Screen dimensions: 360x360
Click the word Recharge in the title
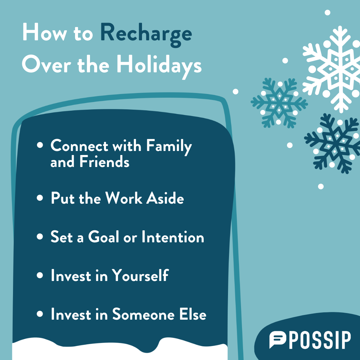pos(146,34)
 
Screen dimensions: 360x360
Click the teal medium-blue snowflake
pos(279,103)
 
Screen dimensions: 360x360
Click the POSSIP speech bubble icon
pos(278,339)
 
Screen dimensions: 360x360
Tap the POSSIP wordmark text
pos(320,340)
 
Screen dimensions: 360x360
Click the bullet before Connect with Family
pos(40,145)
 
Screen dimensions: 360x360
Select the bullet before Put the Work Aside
pos(40,198)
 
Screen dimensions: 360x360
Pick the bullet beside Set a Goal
pos(40,236)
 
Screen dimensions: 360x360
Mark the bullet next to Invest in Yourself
pos(40,275)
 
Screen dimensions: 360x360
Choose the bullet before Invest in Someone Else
pos(40,314)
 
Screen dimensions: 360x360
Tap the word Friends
pos(104,161)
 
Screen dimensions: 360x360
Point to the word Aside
pos(165,198)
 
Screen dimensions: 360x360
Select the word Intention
pos(173,236)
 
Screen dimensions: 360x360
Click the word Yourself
pos(140,275)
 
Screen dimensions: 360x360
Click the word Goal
pos(104,236)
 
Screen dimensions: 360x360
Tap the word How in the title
pos(45,32)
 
